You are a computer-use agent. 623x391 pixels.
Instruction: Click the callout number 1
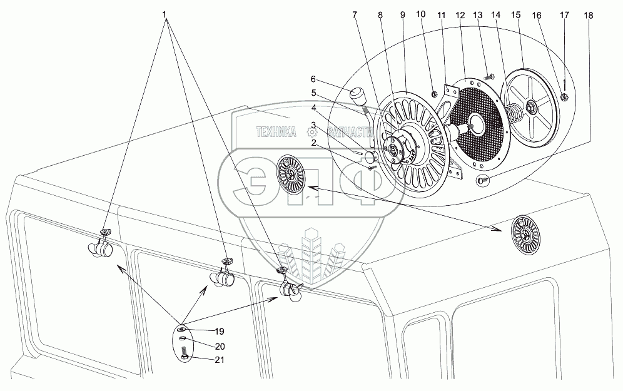pos(166,14)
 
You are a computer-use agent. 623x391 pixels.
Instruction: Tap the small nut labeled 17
pos(563,97)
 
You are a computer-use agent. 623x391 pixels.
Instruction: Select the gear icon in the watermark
pos(311,132)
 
